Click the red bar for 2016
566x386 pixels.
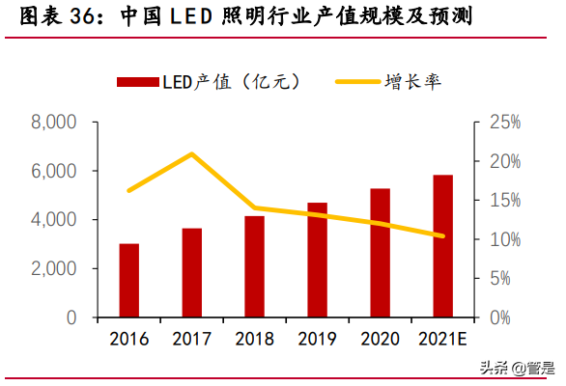click(x=128, y=281)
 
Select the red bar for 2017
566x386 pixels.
click(x=191, y=273)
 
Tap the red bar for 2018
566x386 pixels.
click(x=254, y=267)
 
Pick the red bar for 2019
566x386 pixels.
click(x=317, y=261)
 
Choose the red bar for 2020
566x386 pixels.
click(x=380, y=253)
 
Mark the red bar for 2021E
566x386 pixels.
click(x=442, y=246)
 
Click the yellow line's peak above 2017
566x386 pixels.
click(x=191, y=153)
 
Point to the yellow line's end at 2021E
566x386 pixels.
click(x=442, y=235)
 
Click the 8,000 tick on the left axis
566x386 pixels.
click(x=53, y=123)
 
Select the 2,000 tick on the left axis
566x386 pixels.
click(x=53, y=269)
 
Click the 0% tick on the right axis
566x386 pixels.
click(x=499, y=317)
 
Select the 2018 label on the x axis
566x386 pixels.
click(x=254, y=339)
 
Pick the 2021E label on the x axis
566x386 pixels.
click(x=442, y=339)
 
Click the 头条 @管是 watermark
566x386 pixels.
click(x=517, y=368)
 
